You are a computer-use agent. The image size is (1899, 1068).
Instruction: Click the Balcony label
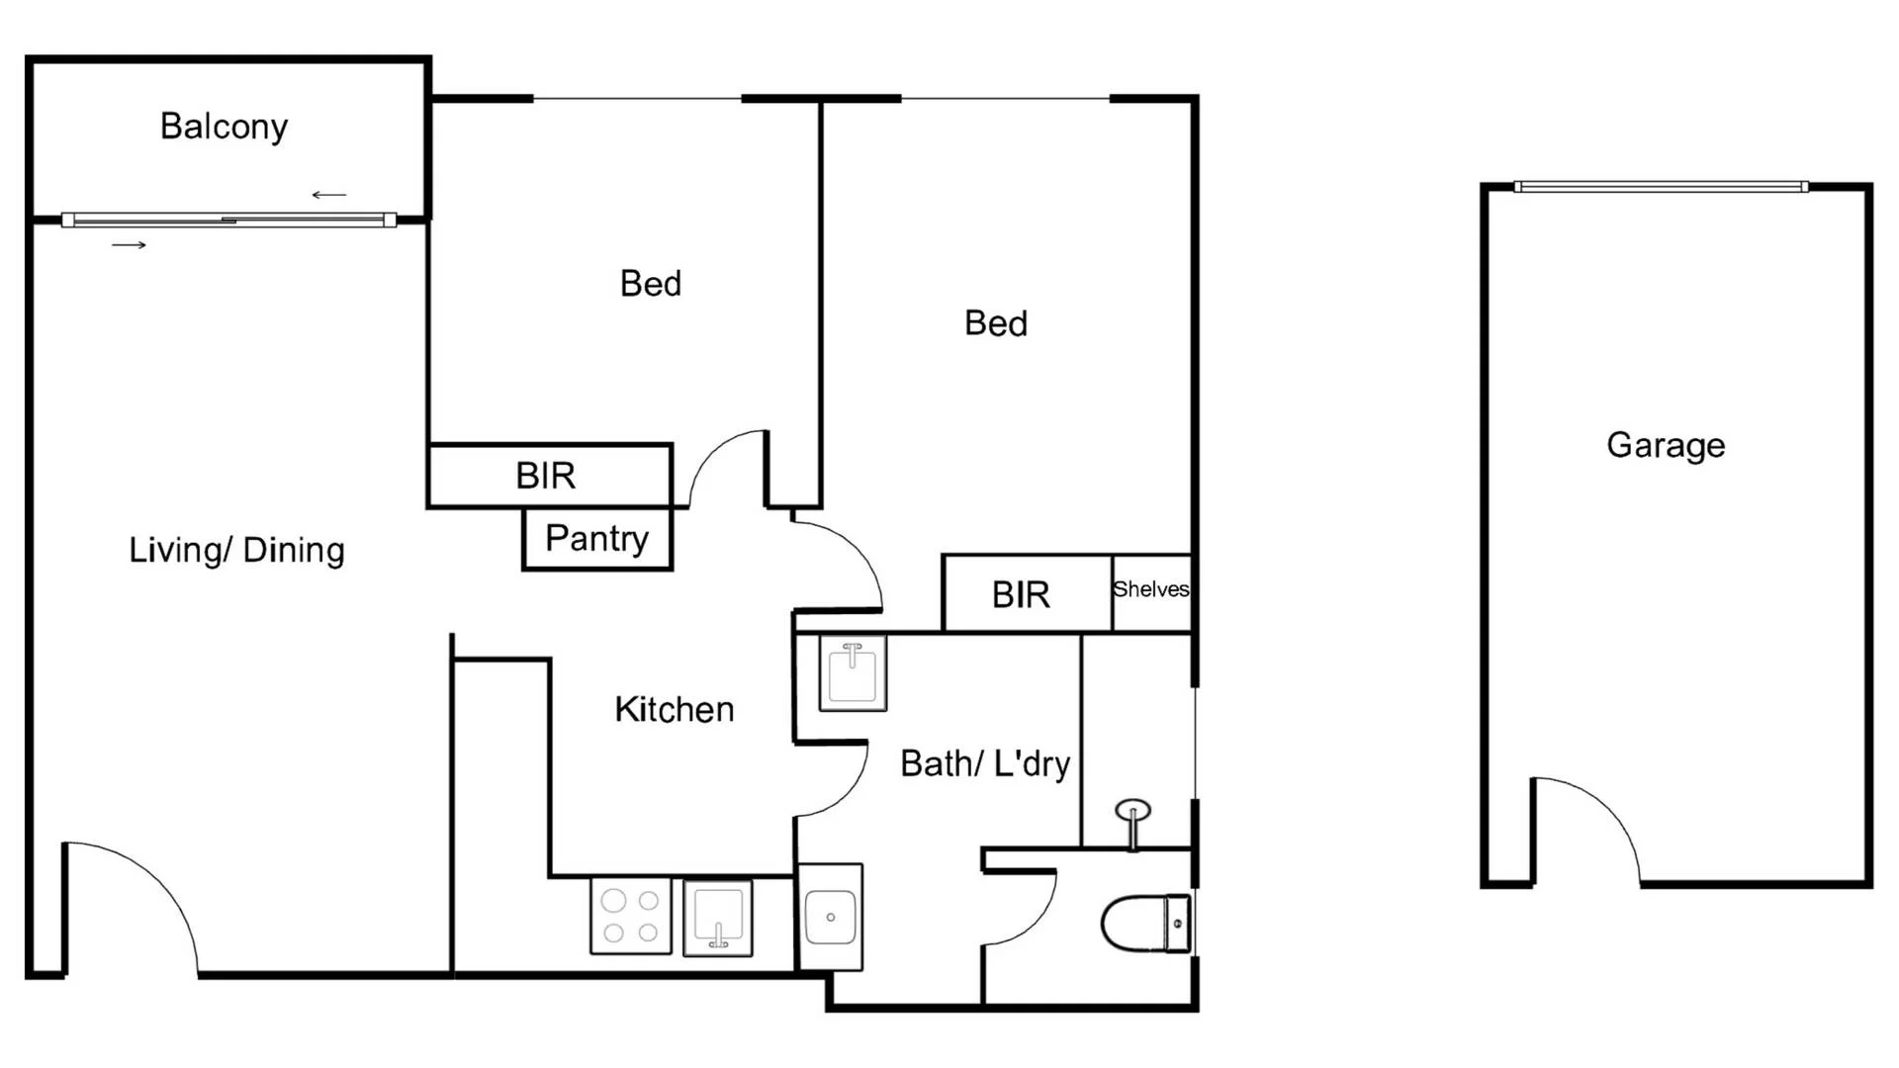tap(224, 127)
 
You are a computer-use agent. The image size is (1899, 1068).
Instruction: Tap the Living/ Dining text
tap(236, 550)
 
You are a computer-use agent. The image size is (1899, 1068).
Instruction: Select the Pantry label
tap(596, 538)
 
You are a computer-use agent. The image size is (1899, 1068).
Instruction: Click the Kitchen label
tap(674, 709)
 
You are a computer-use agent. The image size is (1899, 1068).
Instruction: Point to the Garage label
tap(1666, 445)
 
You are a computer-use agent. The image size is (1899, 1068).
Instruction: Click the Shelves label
tap(1150, 589)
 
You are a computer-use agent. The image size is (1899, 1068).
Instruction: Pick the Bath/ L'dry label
tap(985, 763)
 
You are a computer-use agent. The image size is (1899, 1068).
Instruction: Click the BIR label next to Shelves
tap(1021, 594)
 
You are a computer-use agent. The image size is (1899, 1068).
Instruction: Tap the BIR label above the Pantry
tap(545, 476)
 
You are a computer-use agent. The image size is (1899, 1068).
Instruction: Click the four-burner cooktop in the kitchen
tap(630, 916)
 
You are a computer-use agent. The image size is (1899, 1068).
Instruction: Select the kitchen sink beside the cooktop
tap(718, 917)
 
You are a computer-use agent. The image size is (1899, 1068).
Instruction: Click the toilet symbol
tap(1146, 924)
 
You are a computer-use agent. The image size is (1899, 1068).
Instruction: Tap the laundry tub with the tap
tap(853, 672)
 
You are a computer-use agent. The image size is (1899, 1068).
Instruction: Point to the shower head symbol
tap(1132, 813)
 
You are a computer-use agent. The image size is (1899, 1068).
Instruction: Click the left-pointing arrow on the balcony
tap(329, 195)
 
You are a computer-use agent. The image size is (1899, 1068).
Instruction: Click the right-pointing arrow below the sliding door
tap(129, 244)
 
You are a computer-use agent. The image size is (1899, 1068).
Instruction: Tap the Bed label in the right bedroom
tap(995, 323)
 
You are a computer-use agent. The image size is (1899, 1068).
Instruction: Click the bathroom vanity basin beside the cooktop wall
tap(830, 917)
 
